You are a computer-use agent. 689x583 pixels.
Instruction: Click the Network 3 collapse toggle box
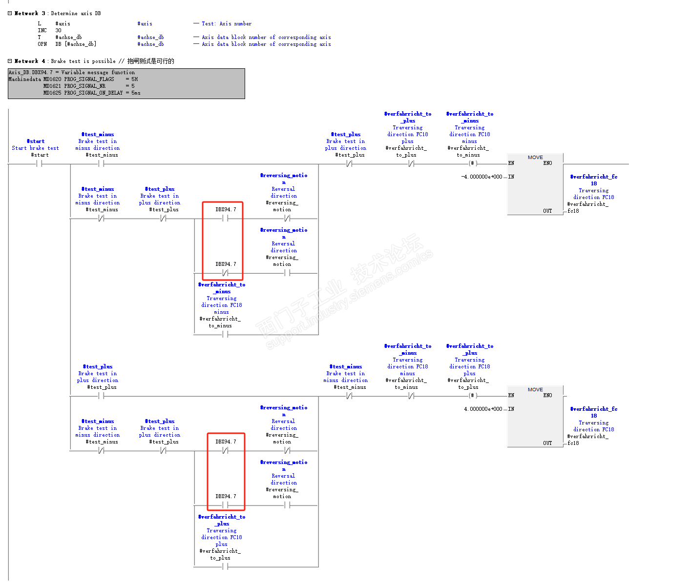coord(10,13)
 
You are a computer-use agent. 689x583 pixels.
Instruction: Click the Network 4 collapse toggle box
coord(10,61)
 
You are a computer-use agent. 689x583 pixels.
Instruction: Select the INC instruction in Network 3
coord(42,30)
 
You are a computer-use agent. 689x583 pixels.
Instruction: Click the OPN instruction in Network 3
coord(42,44)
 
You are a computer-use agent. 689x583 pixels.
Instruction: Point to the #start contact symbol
coord(39,164)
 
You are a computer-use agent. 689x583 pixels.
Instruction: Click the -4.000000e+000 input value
coord(481,177)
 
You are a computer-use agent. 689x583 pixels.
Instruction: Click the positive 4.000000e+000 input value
coord(483,409)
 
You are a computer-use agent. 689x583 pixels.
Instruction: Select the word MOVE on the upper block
coord(535,157)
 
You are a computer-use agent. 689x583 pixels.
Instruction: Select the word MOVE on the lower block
coord(535,389)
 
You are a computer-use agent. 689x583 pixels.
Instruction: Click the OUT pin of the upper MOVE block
coord(547,211)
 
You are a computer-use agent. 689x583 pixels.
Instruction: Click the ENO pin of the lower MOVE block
coord(547,395)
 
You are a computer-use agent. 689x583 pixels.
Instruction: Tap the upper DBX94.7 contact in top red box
coord(225,219)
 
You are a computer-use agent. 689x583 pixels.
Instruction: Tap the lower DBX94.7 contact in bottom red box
coord(225,505)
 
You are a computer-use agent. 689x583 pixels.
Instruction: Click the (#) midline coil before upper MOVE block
coord(472,163)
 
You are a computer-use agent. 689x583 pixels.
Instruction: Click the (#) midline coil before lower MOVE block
coord(472,396)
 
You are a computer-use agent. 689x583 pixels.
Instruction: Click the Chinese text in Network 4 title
coord(150,61)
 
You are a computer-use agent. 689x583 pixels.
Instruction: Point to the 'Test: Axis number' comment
coord(227,23)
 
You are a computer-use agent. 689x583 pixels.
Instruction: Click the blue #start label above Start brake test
coord(36,141)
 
